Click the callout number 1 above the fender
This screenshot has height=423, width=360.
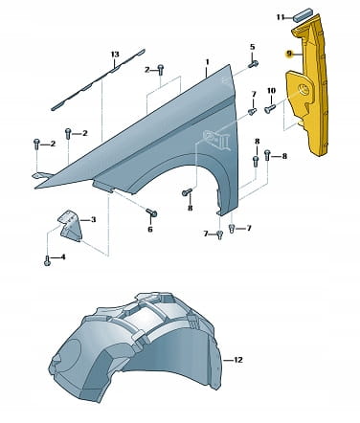[207, 62]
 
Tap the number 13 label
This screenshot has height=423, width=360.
[115, 55]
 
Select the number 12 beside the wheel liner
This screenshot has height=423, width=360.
[238, 360]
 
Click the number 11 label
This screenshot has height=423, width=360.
[281, 17]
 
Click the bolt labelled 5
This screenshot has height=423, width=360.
[254, 64]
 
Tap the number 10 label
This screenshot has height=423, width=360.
[271, 91]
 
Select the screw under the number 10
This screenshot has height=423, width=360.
[270, 109]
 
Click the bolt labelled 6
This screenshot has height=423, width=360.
[151, 212]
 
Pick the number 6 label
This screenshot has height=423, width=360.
[150, 229]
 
